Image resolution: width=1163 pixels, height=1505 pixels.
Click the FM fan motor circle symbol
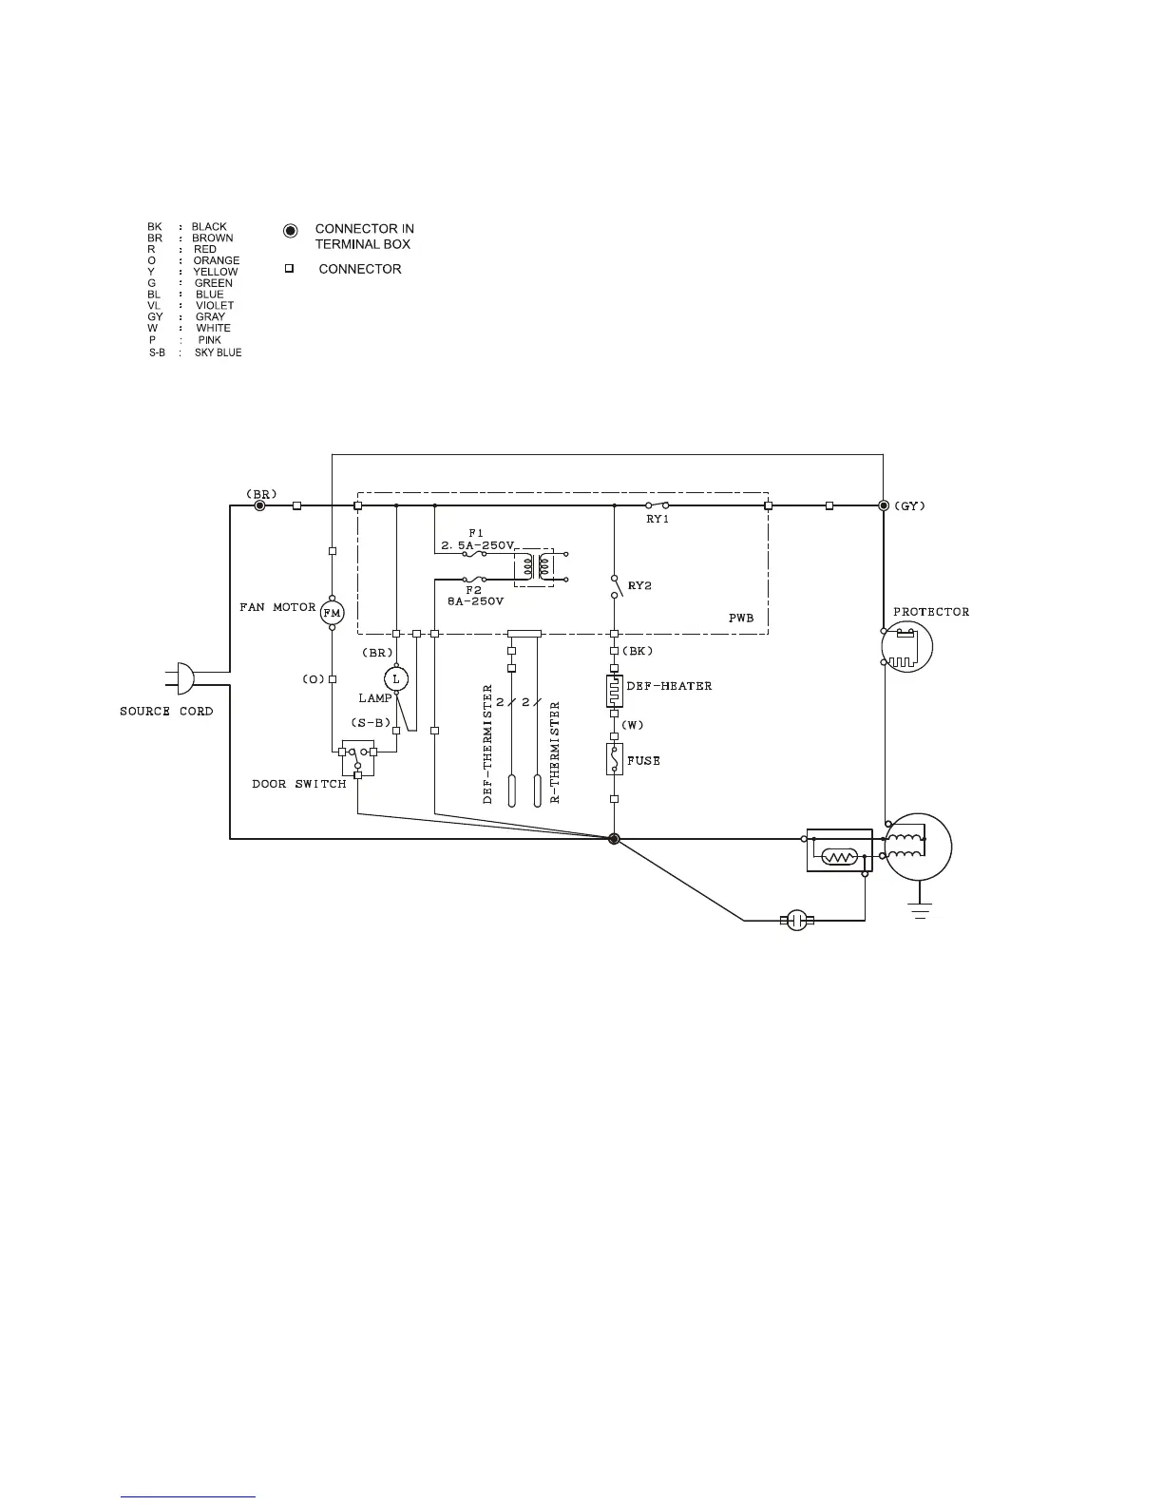pos(332,613)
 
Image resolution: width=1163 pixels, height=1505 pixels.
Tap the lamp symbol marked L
pos(396,678)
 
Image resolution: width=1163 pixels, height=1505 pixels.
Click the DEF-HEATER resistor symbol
pos(614,691)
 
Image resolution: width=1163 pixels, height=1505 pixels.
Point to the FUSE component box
pos(614,759)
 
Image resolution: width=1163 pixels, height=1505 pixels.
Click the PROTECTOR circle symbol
pos(906,647)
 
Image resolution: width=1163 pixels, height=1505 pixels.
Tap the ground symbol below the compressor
pos(919,909)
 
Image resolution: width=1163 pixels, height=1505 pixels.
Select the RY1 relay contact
pos(658,505)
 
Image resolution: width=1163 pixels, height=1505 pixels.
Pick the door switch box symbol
pos(357,758)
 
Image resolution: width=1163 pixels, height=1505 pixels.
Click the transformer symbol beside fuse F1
pos(534,567)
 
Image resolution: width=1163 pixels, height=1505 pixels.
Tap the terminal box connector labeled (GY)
pos(884,505)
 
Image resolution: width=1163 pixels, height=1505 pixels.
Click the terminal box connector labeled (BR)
pos(260,505)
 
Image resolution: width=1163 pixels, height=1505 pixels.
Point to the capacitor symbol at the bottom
pos(796,920)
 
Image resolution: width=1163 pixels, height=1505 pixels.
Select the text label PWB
pos(741,619)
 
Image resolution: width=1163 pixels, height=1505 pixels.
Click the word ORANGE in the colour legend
pos(217,260)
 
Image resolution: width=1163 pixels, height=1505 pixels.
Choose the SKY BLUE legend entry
pos(218,352)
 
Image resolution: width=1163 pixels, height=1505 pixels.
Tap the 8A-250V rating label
pos(475,601)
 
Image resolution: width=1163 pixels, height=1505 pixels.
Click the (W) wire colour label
pos(633,726)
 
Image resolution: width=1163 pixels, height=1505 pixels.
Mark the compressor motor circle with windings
pos(917,848)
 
